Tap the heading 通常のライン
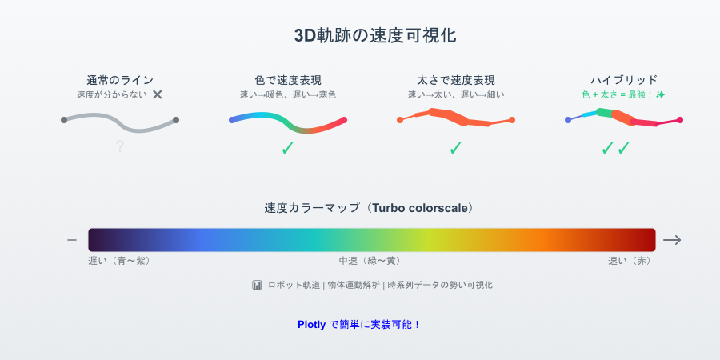tap(119, 80)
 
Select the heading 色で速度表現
tap(288, 80)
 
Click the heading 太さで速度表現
tap(456, 80)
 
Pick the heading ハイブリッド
tap(624, 80)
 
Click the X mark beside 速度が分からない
tap(158, 94)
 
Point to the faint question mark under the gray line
tap(119, 146)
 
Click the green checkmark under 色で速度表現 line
tap(288, 147)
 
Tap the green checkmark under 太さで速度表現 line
tap(456, 147)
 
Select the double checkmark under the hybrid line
tap(616, 147)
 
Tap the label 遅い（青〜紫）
tap(119, 261)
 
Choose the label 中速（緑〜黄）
tap(370, 261)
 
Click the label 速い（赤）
tap(630, 261)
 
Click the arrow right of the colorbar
tap(672, 240)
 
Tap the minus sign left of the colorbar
tap(72, 240)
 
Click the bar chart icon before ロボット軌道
tap(257, 285)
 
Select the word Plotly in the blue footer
tap(311, 325)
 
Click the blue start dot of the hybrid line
tap(568, 120)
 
